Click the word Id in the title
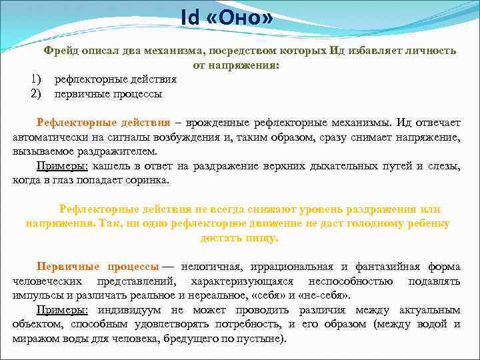(190, 19)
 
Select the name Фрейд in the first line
(62, 51)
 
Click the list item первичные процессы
(108, 93)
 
